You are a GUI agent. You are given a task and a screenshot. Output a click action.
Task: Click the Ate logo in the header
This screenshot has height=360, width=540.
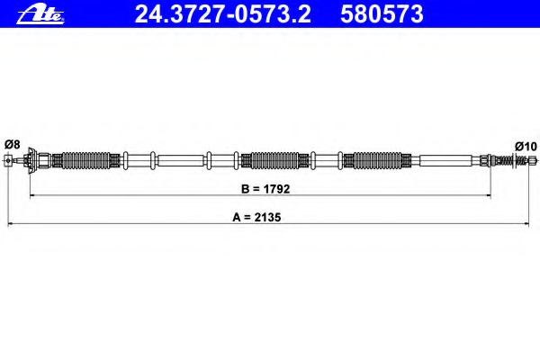(40, 15)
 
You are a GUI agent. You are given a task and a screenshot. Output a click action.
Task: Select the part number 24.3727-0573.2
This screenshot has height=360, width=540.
(222, 14)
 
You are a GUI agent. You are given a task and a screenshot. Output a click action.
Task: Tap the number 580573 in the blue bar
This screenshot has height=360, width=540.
(382, 14)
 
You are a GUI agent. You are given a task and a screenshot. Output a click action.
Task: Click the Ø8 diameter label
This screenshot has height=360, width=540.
(13, 144)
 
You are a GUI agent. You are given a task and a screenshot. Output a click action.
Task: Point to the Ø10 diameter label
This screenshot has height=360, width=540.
(526, 147)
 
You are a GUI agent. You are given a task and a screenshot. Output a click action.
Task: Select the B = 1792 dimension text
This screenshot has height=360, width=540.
(265, 189)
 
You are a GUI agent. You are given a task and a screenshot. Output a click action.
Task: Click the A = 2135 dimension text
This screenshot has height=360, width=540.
(256, 218)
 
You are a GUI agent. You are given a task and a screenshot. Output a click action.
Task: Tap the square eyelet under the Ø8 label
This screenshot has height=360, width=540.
(8, 160)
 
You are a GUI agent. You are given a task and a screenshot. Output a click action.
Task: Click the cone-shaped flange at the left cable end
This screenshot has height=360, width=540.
(32, 160)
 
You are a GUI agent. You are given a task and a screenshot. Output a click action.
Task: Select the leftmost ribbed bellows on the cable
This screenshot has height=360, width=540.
(85, 160)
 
